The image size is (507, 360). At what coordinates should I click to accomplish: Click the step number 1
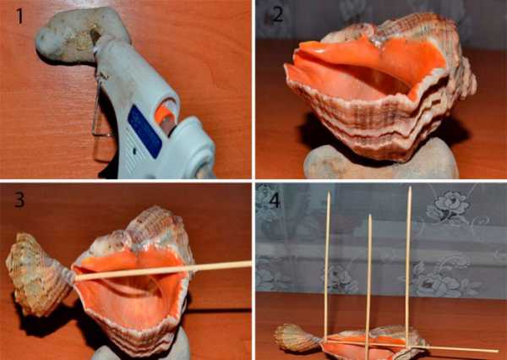19,16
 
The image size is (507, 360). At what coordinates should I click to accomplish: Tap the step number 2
277,14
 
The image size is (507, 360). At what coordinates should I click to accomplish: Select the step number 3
19,199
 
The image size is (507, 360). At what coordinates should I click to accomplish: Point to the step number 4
275,201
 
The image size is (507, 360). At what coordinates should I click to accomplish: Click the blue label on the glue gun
144,131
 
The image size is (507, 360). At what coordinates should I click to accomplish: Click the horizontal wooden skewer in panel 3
162,270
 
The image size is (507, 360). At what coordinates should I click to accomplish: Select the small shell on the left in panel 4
296,338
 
